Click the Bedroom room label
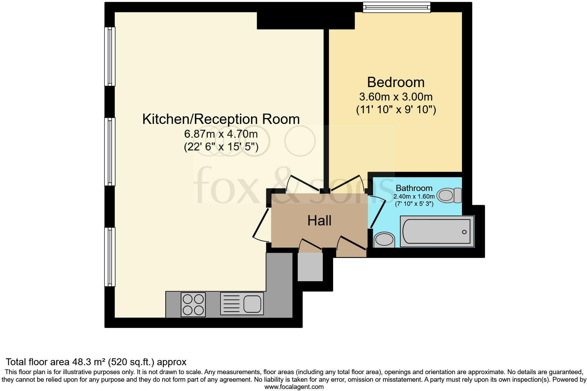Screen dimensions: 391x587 (x=395, y=82)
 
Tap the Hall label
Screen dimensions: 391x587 (x=319, y=221)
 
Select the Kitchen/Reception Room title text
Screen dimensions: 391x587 (x=221, y=119)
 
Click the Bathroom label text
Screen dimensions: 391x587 (x=414, y=188)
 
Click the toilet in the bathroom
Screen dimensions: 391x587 (x=449, y=195)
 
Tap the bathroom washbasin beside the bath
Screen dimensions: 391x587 (x=383, y=240)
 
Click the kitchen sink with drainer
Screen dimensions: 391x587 (x=242, y=304)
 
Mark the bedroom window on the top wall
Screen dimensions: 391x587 (x=397, y=7)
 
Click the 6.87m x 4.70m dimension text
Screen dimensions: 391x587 (x=221, y=134)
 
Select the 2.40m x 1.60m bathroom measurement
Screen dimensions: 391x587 (x=414, y=197)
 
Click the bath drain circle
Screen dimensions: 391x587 (x=464, y=232)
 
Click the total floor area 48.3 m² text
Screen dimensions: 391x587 (x=96, y=362)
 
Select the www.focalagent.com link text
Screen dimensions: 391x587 (x=294, y=387)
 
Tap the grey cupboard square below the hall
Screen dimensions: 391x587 (x=310, y=267)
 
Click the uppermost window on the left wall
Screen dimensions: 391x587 (x=110, y=56)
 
